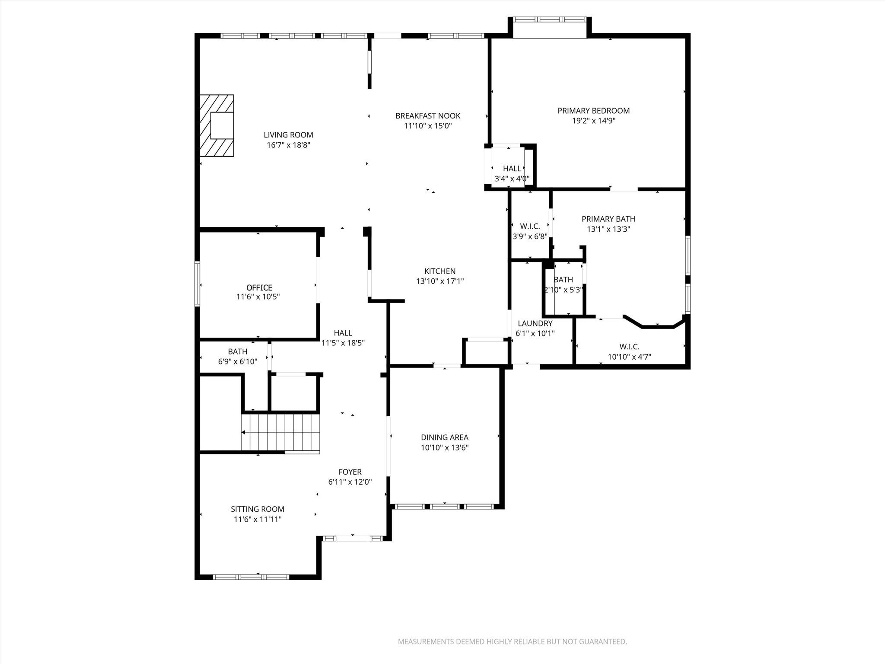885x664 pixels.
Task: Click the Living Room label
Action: click(288, 135)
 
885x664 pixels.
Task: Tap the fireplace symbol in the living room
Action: click(217, 125)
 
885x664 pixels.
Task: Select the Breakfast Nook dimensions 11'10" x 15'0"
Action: click(428, 126)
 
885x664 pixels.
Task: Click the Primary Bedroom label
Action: click(593, 111)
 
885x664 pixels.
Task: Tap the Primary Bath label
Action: click(608, 219)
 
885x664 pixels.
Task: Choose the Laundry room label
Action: click(535, 323)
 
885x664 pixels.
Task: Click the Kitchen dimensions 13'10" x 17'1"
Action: click(440, 281)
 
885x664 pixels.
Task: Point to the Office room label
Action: click(259, 287)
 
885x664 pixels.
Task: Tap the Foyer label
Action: click(350, 472)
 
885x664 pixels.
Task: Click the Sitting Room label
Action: click(258, 509)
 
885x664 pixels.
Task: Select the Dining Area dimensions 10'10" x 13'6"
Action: click(445, 448)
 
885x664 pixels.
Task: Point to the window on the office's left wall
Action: click(197, 284)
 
